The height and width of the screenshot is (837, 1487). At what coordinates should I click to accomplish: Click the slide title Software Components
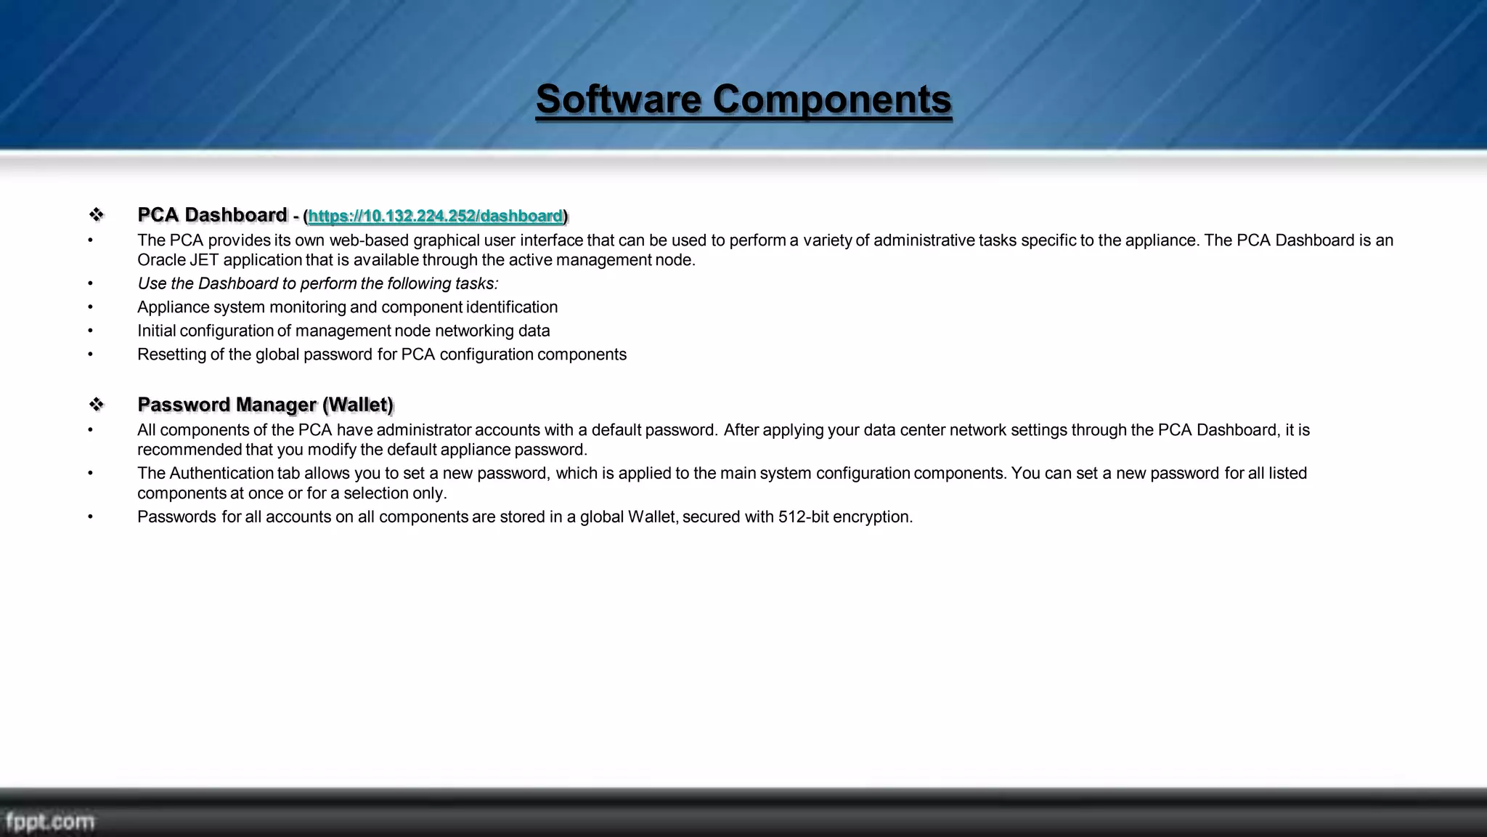pos(743,100)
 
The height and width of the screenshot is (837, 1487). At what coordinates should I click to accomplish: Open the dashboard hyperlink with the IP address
pos(435,217)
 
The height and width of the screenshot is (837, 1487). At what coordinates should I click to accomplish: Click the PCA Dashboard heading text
pos(212,215)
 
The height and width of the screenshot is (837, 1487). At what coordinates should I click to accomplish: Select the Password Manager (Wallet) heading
pos(265,405)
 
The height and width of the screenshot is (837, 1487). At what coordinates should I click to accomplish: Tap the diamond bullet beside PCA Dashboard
pos(96,215)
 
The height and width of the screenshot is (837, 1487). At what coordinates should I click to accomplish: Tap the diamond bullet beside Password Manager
pos(96,405)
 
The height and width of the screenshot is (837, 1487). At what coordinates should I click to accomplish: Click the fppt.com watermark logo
pos(49,822)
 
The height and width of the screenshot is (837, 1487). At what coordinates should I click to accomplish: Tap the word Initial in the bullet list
pos(156,331)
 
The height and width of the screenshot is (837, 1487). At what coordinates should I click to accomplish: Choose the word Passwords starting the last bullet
pos(176,517)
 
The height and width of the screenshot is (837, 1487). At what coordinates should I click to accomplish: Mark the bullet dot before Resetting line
pos(91,355)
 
